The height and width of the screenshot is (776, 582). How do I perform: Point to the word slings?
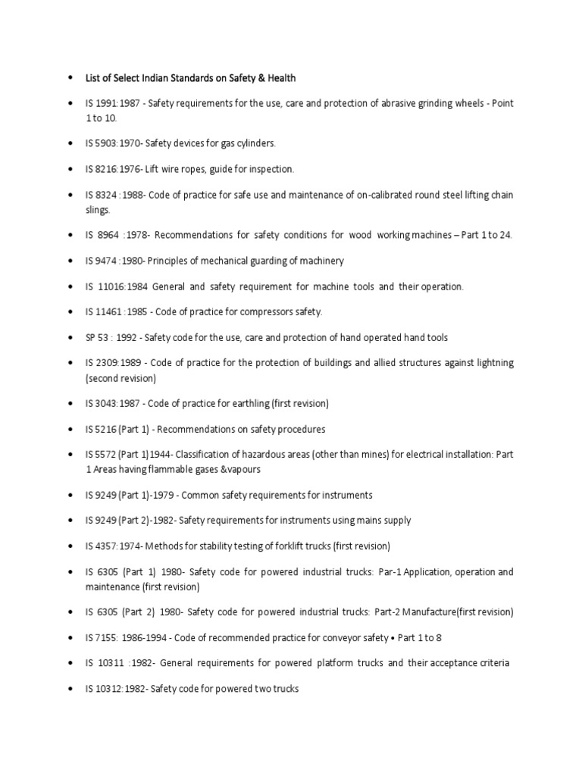pyautogui.click(x=98, y=210)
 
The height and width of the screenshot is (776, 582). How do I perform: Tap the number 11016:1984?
pyautogui.click(x=123, y=286)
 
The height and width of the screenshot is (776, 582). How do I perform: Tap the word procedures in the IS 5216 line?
pyautogui.click(x=301, y=429)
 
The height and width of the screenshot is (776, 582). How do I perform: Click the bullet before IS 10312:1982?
pyautogui.click(x=69, y=690)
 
